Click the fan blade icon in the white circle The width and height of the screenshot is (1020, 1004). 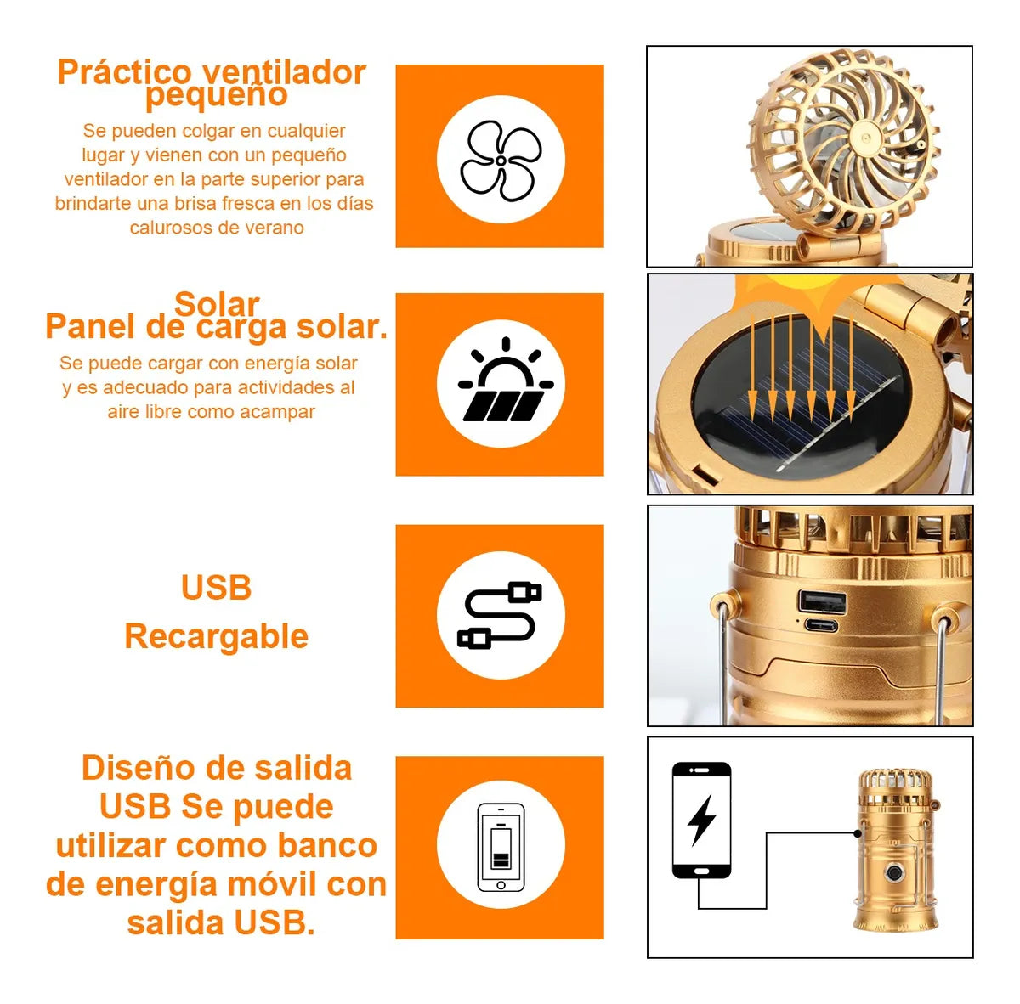[501, 161]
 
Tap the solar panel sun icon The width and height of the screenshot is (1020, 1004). [506, 380]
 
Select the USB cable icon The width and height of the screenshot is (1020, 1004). [500, 615]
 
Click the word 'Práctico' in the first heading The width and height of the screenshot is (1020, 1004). [124, 72]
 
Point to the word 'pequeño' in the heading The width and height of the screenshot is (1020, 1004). [217, 94]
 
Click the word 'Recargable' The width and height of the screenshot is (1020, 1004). [216, 636]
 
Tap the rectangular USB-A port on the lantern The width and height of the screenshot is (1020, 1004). [822, 601]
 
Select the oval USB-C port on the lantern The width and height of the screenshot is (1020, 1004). [821, 626]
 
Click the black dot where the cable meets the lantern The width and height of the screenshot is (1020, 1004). [857, 833]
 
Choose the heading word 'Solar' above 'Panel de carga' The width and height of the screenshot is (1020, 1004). [217, 304]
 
